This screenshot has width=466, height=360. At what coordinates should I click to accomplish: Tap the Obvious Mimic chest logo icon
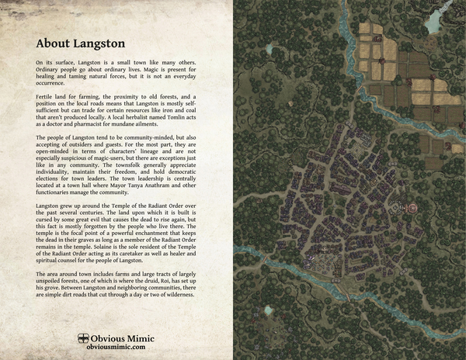click(x=83, y=338)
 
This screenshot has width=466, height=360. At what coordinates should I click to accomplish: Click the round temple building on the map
click(x=412, y=207)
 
